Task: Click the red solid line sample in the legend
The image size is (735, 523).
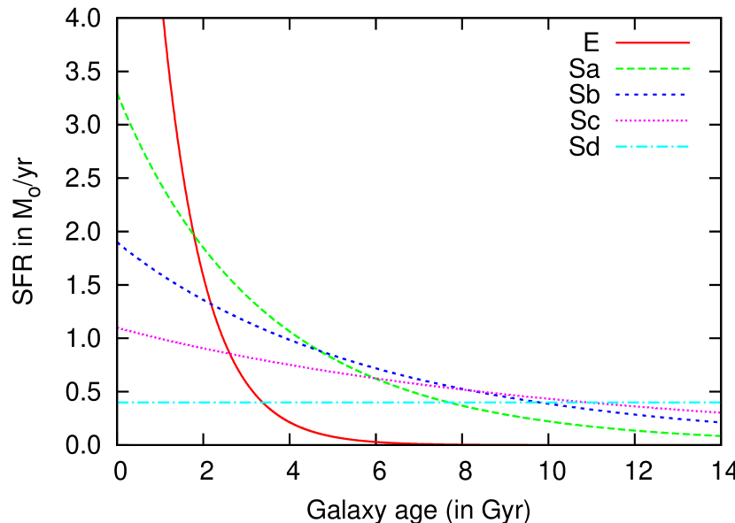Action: pyautogui.click(x=653, y=42)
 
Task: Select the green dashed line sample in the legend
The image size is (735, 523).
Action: pyautogui.click(x=653, y=68)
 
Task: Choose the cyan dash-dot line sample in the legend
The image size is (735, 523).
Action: pyautogui.click(x=653, y=146)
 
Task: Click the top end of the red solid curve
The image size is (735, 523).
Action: pyautogui.click(x=164, y=19)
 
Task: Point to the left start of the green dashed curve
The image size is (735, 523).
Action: pyautogui.click(x=119, y=94)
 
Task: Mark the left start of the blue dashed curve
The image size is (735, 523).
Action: pyautogui.click(x=119, y=243)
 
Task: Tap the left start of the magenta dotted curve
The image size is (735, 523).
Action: pyautogui.click(x=119, y=327)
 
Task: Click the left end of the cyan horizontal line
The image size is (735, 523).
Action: pyautogui.click(x=119, y=402)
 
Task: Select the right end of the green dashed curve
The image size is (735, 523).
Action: pyautogui.click(x=719, y=435)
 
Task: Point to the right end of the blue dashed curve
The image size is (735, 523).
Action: pyautogui.click(x=719, y=422)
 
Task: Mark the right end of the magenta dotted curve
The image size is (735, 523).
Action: pyautogui.click(x=719, y=412)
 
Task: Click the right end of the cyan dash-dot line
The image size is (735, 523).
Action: pyautogui.click(x=719, y=402)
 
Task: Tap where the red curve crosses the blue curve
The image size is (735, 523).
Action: pyautogui.click(x=211, y=305)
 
